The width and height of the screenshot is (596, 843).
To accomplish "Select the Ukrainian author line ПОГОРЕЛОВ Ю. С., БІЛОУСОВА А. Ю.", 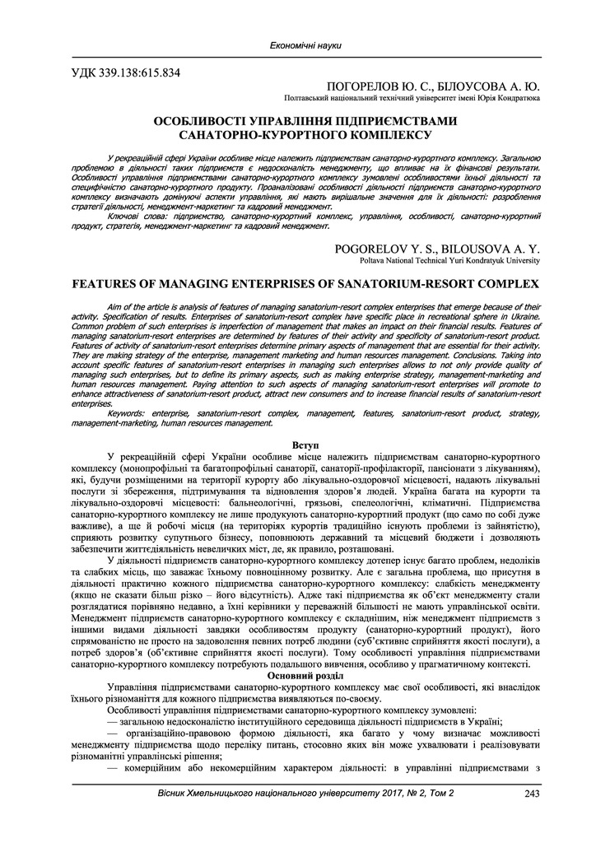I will (433, 86).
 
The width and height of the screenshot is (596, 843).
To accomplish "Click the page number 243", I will (531, 793).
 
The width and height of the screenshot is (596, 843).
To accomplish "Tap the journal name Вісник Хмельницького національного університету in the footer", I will (272, 793).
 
